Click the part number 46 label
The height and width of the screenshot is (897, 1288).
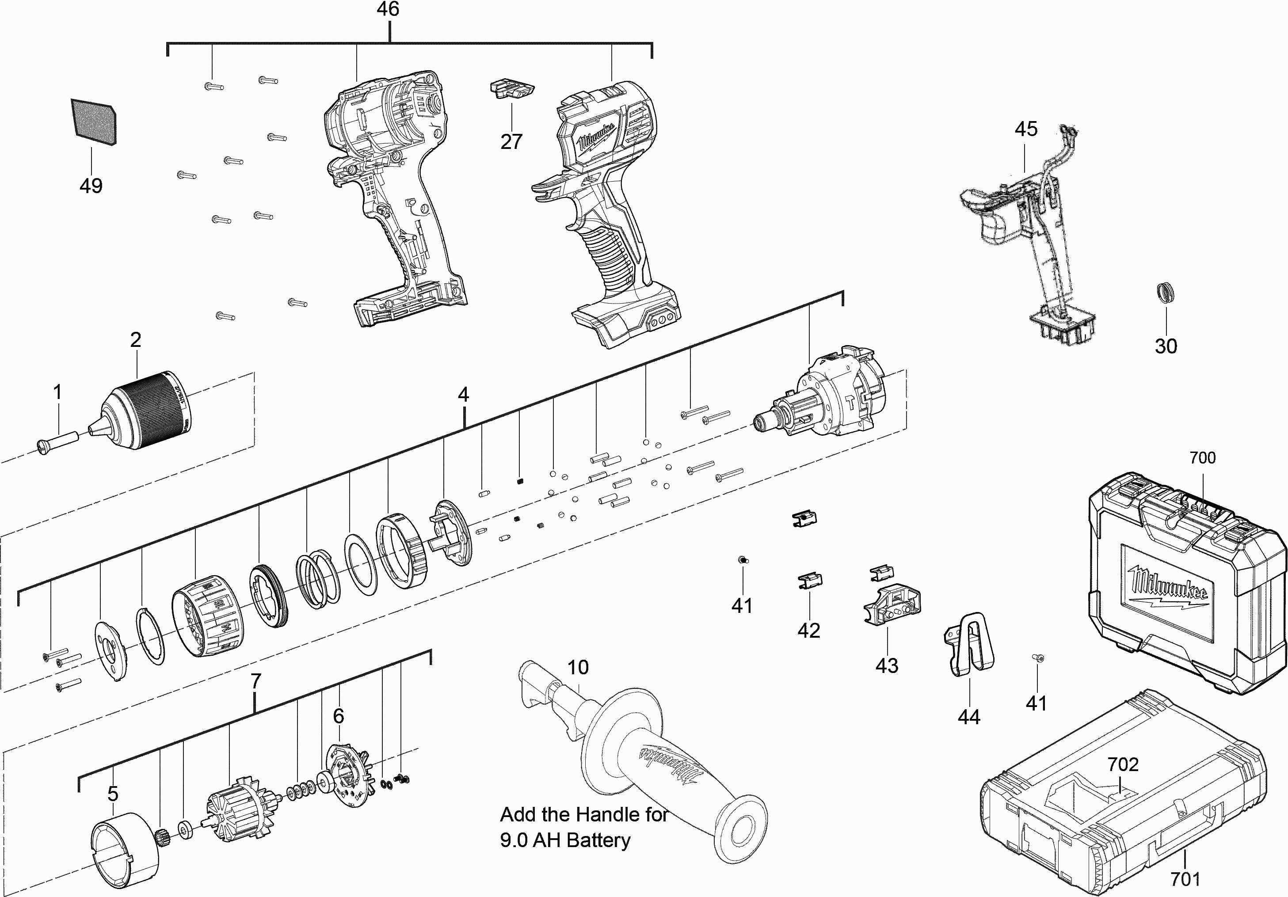coord(388,10)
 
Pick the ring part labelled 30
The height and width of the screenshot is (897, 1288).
coord(1165,293)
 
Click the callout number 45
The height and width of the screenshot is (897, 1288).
coord(1025,129)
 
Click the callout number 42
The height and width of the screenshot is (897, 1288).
coord(808,631)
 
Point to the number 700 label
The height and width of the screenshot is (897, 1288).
coord(1202,458)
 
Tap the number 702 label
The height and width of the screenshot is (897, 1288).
coord(1123,764)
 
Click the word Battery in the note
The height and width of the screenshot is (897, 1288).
coord(598,840)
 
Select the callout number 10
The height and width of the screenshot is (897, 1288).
coord(578,668)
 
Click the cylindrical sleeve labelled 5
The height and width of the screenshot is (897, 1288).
coord(125,849)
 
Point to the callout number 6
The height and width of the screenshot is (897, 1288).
coord(338,716)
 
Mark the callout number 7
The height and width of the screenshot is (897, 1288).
coord(256,681)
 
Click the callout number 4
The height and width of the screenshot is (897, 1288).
coord(463,395)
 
